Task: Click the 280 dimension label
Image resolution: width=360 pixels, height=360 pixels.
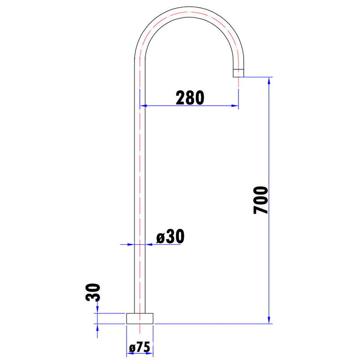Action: (190, 98)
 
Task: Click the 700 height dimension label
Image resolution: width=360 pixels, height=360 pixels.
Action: (261, 200)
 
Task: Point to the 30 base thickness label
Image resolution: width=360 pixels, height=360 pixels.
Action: (93, 292)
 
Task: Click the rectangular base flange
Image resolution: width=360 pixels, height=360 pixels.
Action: (140, 319)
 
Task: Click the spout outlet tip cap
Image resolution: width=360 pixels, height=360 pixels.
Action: (238, 73)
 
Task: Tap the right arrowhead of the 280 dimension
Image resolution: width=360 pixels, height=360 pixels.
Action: (234, 106)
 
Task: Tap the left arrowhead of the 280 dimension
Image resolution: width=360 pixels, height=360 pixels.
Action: (144, 106)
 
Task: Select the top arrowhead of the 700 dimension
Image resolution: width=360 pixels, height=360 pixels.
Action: (269, 81)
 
